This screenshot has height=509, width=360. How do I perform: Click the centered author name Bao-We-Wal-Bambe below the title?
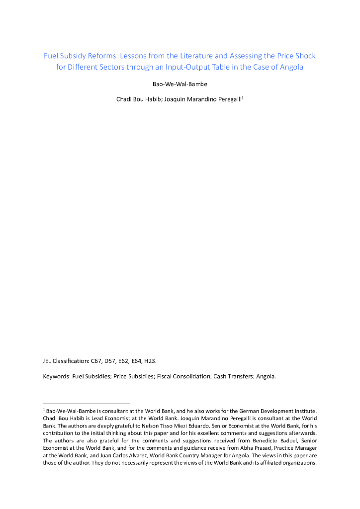180,84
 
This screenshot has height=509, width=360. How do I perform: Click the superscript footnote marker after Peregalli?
242,97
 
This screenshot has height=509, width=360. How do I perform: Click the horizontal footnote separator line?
87,403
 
